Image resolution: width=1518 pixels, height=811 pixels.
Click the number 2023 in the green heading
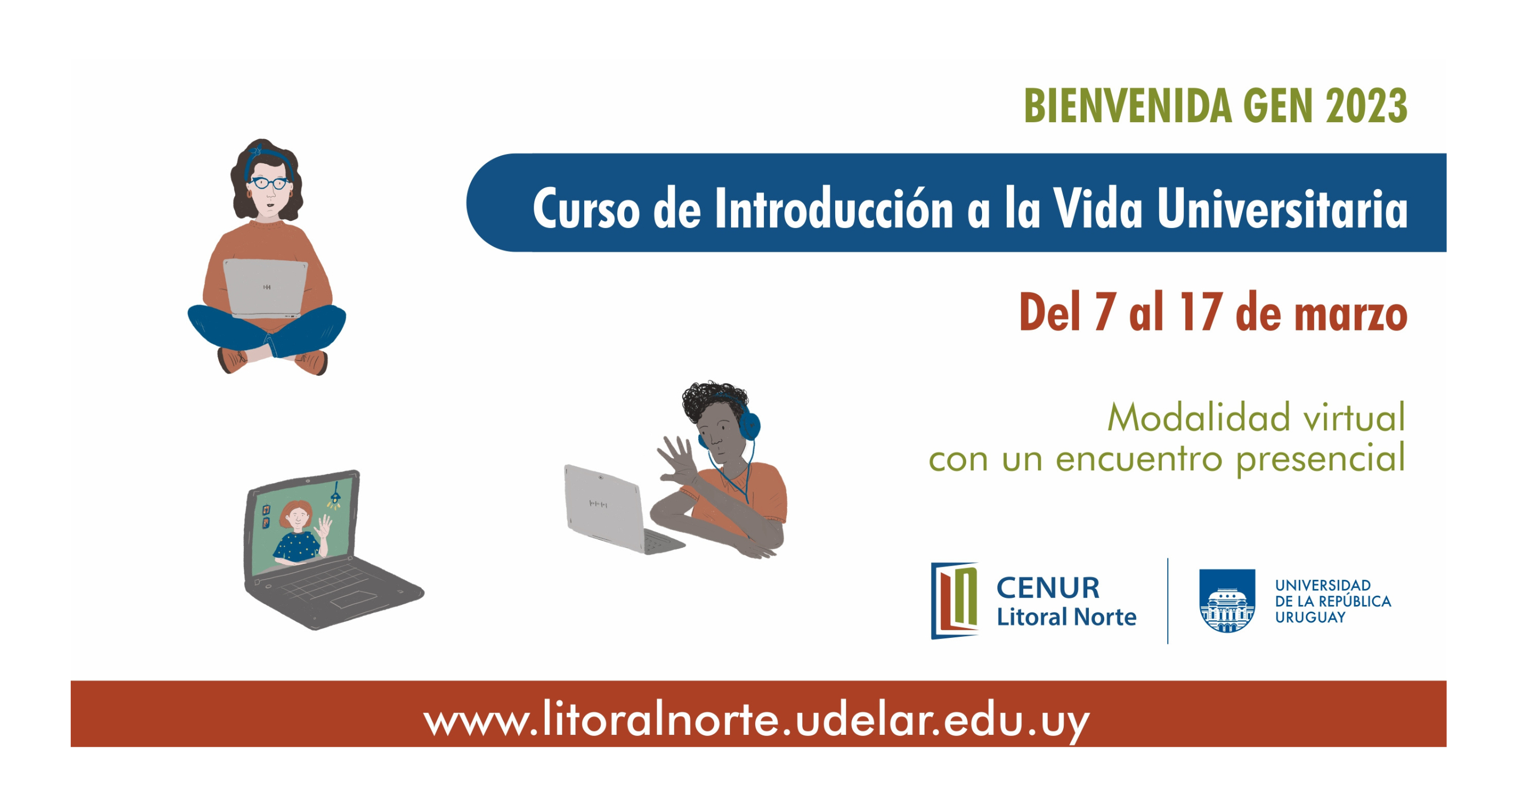point(1367,106)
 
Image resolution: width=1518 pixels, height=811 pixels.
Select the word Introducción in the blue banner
point(834,209)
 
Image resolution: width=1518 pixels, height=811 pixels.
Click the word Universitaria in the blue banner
point(1282,209)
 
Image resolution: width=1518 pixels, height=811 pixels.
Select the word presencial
point(1320,460)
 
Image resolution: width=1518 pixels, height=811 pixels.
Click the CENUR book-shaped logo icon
point(955,601)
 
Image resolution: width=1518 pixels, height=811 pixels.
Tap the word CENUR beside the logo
point(1048,588)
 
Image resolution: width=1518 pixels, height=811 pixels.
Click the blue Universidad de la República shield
point(1227,601)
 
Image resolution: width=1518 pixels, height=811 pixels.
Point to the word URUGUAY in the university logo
point(1310,618)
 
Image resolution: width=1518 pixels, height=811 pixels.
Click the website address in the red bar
point(757,719)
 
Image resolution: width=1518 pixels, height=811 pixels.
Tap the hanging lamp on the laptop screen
point(335,496)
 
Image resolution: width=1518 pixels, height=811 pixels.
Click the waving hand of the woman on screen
point(323,526)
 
